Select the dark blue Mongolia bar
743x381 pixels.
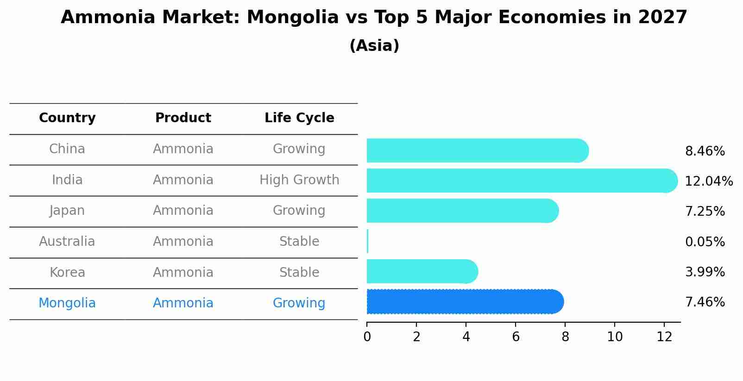(465, 302)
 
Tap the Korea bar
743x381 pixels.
(422, 271)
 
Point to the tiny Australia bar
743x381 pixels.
(367, 241)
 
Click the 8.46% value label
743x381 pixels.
(705, 151)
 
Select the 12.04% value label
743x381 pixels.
(708, 181)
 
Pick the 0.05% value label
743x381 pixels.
(705, 242)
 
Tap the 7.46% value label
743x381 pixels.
(705, 302)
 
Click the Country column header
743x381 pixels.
(67, 118)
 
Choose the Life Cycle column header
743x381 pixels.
(299, 118)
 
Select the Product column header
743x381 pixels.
(183, 118)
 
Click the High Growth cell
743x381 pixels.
(299, 180)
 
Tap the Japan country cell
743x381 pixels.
(67, 211)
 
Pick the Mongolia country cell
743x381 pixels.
(67, 303)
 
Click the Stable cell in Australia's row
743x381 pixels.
(299, 242)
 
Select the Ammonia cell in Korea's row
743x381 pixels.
(183, 272)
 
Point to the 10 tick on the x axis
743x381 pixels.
(615, 337)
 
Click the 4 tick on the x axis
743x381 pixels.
(466, 337)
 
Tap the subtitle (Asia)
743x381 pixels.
(374, 46)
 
